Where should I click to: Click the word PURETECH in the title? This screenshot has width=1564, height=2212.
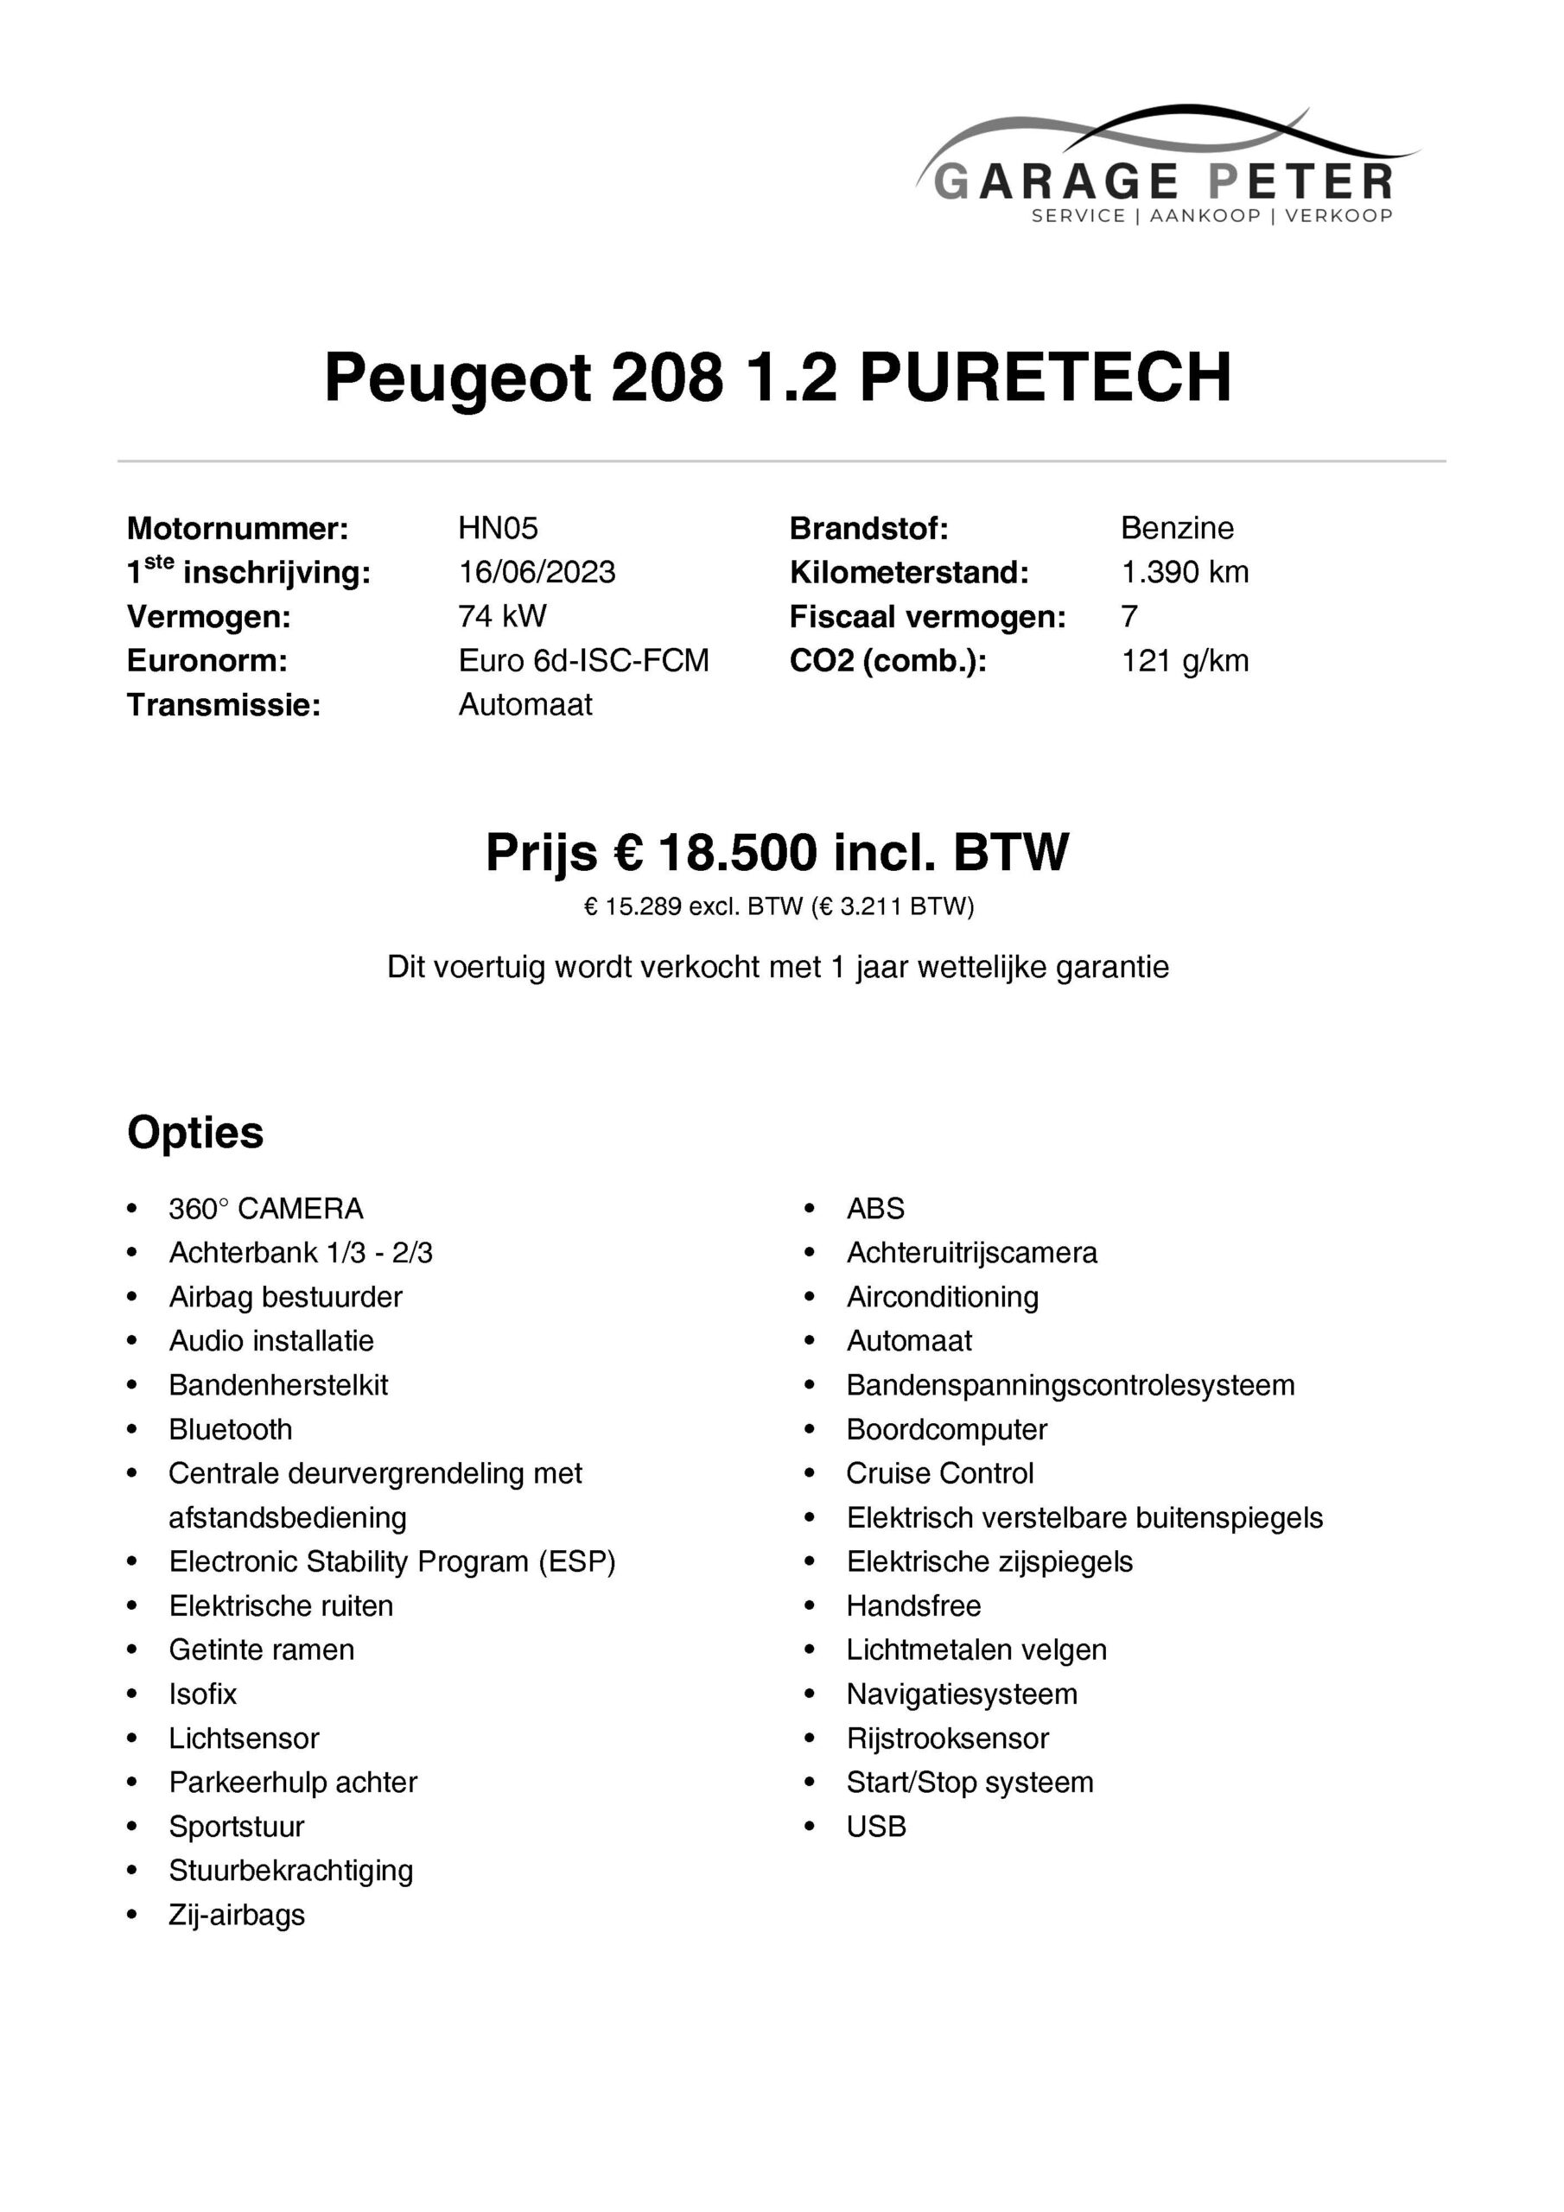coord(1045,377)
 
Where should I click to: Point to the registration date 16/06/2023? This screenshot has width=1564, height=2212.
coord(537,572)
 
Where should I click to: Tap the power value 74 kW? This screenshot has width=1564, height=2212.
coord(502,617)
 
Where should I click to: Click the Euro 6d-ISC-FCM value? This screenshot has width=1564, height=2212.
coord(583,661)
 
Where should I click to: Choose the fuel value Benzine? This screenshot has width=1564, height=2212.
coord(1177,528)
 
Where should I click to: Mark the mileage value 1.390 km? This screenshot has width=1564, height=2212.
coord(1185,572)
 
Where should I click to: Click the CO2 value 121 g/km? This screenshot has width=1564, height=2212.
coord(1185,661)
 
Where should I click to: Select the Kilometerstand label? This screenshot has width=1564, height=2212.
coord(909,573)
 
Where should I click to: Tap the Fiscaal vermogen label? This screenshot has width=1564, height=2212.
coord(927,618)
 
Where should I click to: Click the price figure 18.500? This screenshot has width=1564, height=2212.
coord(737,853)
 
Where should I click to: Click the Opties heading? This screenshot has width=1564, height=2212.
coord(194,1133)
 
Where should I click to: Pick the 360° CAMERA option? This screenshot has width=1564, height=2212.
coord(266,1209)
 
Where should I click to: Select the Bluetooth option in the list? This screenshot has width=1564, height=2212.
coord(231,1430)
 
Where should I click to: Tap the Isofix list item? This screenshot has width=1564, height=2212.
coord(202,1694)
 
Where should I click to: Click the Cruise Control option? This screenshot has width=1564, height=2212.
coord(939,1474)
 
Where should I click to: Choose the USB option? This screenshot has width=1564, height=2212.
coord(876,1827)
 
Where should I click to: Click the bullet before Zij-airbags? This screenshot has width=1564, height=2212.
coord(132,1916)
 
